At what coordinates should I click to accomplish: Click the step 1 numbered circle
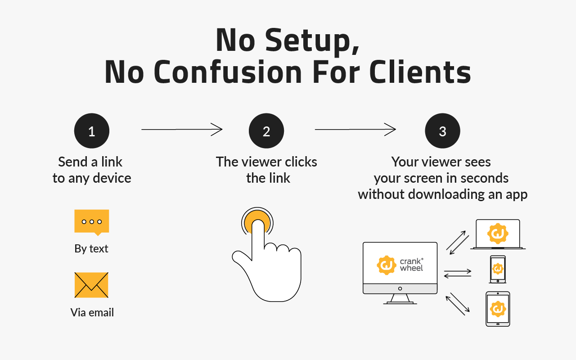point(92,131)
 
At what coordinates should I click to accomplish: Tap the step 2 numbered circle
point(266,131)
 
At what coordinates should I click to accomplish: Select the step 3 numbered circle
point(442,131)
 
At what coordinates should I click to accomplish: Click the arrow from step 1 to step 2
point(182,130)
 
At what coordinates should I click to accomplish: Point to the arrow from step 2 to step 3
point(355,130)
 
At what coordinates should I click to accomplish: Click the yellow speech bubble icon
point(92,222)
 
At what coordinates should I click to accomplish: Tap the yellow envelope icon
point(91,285)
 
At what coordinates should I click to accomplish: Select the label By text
point(91,249)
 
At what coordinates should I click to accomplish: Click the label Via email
point(92,312)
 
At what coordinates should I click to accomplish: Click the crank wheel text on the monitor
point(411,265)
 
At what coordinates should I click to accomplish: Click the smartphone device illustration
point(497,269)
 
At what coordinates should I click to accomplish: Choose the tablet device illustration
point(498,309)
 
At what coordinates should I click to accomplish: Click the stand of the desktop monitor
point(400,299)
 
